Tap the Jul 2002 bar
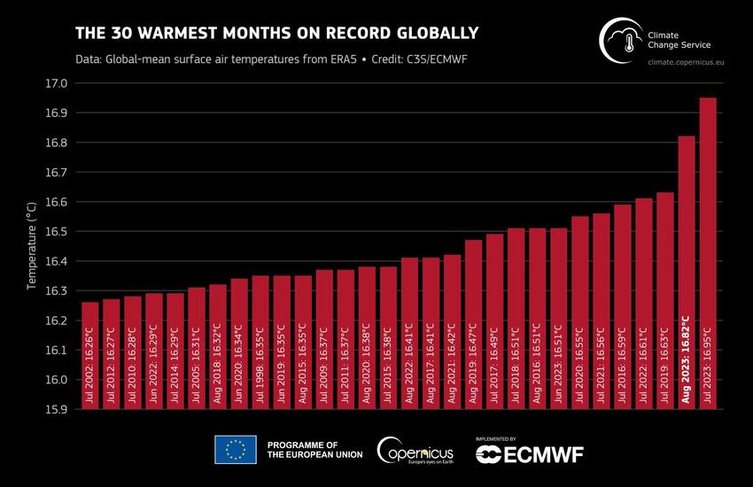coord(89,355)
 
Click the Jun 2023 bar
coord(558,318)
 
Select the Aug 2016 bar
coord(537,318)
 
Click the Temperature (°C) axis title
coord(31,246)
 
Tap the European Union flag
coord(235,450)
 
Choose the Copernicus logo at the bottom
coord(416,450)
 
